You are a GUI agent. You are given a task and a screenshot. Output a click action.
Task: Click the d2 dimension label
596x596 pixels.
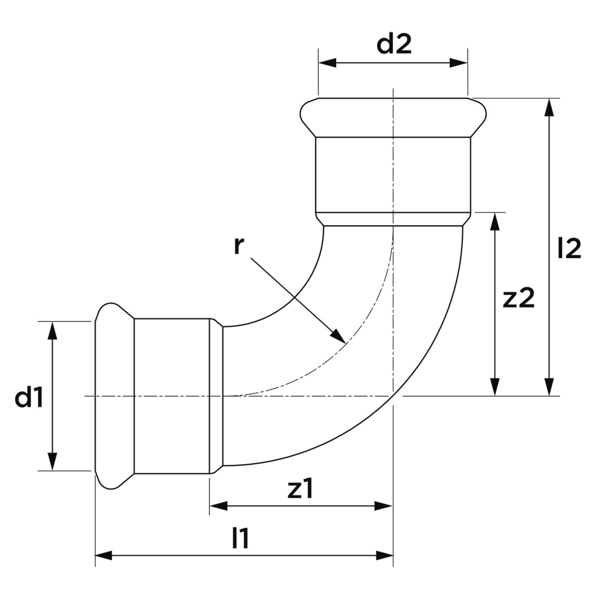click(394, 44)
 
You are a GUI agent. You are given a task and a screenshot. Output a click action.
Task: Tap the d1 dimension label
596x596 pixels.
click(29, 397)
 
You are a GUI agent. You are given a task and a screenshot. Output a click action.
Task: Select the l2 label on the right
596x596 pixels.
click(569, 248)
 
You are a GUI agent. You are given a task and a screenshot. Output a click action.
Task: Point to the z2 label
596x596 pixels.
click(518, 299)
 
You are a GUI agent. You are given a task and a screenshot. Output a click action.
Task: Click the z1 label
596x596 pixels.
click(300, 489)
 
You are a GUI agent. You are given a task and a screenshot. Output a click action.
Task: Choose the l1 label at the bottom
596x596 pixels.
click(240, 538)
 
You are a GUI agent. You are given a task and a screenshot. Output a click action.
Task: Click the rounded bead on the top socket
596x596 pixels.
click(393, 118)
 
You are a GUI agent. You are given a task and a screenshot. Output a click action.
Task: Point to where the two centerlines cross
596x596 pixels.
click(393, 396)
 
